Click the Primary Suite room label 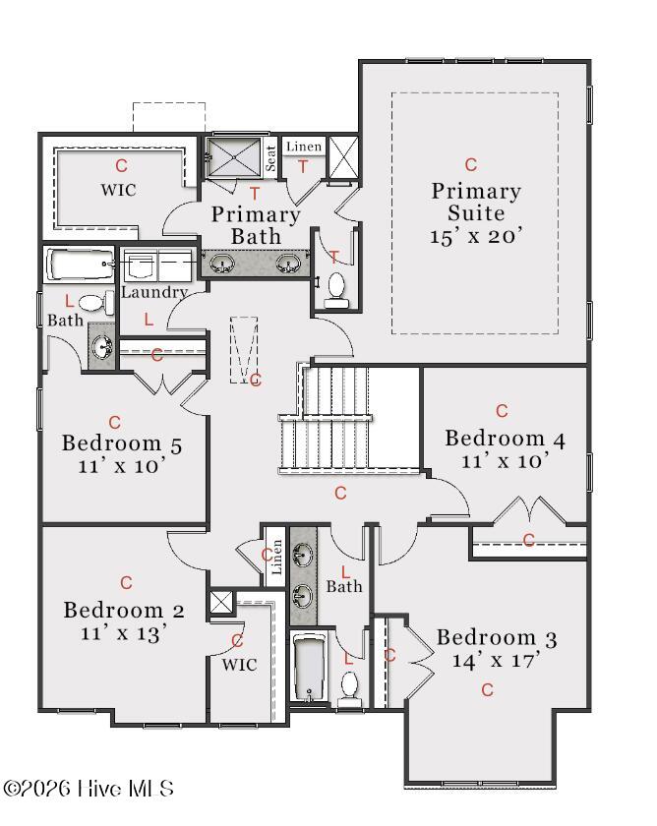[x=476, y=202]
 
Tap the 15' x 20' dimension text [x=476, y=236]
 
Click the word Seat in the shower [x=270, y=158]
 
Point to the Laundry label [x=154, y=292]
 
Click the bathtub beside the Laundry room [x=81, y=264]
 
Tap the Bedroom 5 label [x=122, y=443]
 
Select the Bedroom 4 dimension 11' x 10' [x=505, y=461]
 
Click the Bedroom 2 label [x=124, y=610]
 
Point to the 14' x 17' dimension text [x=497, y=660]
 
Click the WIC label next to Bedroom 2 [x=239, y=665]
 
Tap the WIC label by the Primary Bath [x=119, y=190]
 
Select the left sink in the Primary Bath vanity [x=222, y=263]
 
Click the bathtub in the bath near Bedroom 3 [x=309, y=668]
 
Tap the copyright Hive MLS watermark [x=88, y=789]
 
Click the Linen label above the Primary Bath [x=304, y=147]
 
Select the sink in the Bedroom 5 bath [x=101, y=346]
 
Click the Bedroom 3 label [x=497, y=638]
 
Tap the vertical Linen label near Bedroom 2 [x=275, y=557]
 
